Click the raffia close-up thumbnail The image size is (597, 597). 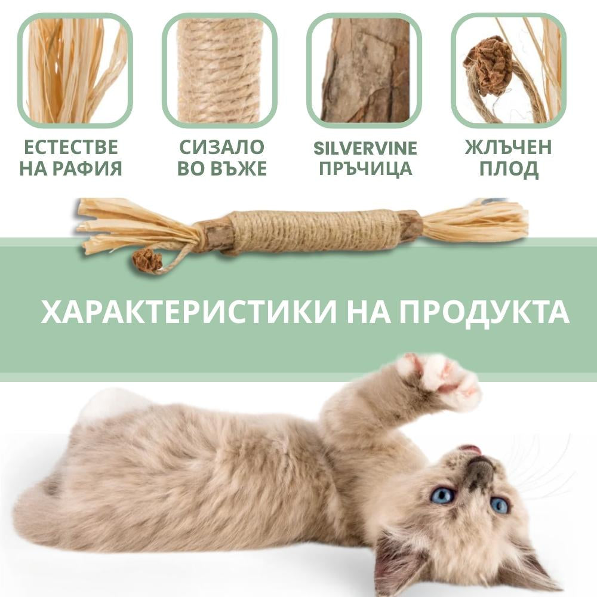pos(75,70)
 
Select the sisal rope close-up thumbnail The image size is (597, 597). pos(220,70)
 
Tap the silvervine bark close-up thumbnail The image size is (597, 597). pos(364,70)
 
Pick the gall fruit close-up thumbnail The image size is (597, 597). pos(509,70)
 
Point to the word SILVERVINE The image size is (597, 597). pos(365,148)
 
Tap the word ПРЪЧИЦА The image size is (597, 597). pos(365,169)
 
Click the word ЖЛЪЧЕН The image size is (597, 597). pos(508,147)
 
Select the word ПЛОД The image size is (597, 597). pos(509,169)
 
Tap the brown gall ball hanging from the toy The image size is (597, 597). pos(147,260)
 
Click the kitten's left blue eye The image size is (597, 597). pos(443,496)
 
